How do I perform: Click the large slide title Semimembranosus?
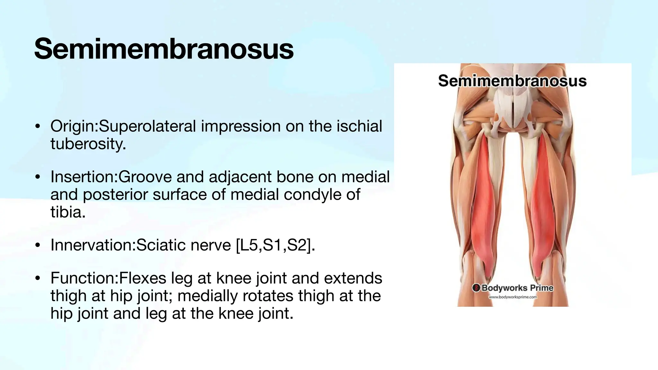point(164,49)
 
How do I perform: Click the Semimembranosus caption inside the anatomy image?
point(512,81)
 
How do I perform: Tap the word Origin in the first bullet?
point(73,126)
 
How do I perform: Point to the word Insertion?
point(83,177)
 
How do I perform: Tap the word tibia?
point(67,212)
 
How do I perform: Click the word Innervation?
point(92,245)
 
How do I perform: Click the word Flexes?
point(143,278)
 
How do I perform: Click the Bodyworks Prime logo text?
point(517,288)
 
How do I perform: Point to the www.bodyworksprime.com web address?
point(513,297)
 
